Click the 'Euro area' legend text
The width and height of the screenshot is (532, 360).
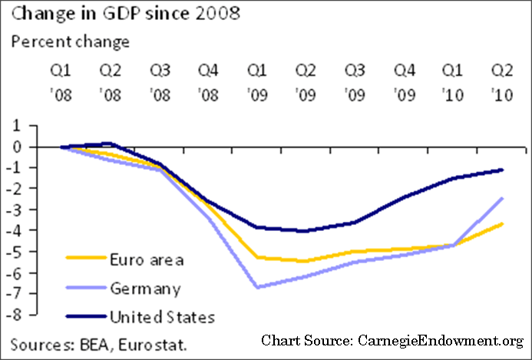[146, 259]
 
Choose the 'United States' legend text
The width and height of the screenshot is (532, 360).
[162, 316]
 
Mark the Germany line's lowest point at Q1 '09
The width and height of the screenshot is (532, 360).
[256, 287]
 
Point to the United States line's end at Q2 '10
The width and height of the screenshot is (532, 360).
[502, 170]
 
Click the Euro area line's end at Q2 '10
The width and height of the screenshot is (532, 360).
[502, 223]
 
